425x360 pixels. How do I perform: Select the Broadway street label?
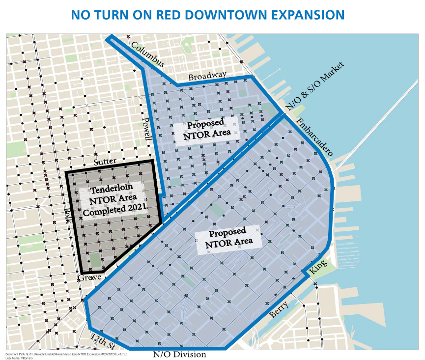207,76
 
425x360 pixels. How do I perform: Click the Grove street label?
89,277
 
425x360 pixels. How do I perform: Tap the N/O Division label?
179,354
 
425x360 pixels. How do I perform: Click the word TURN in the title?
113,15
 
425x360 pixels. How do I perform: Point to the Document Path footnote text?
66,354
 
